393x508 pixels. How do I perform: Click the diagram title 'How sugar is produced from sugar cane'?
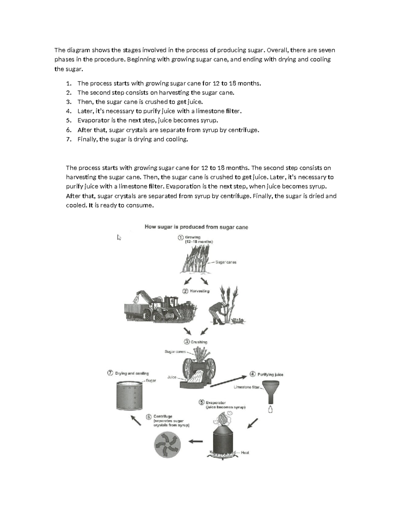point(196,227)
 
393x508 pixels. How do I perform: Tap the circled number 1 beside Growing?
point(180,238)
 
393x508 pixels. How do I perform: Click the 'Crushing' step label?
point(199,342)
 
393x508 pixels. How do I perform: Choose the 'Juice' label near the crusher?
point(172,377)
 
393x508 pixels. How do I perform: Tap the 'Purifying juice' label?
point(270,375)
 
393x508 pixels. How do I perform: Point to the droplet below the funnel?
point(271,409)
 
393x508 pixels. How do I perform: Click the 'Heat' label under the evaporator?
point(245,453)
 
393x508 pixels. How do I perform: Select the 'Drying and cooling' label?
point(132,373)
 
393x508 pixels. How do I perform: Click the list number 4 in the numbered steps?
point(68,111)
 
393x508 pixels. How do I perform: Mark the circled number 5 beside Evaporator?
point(202,403)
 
